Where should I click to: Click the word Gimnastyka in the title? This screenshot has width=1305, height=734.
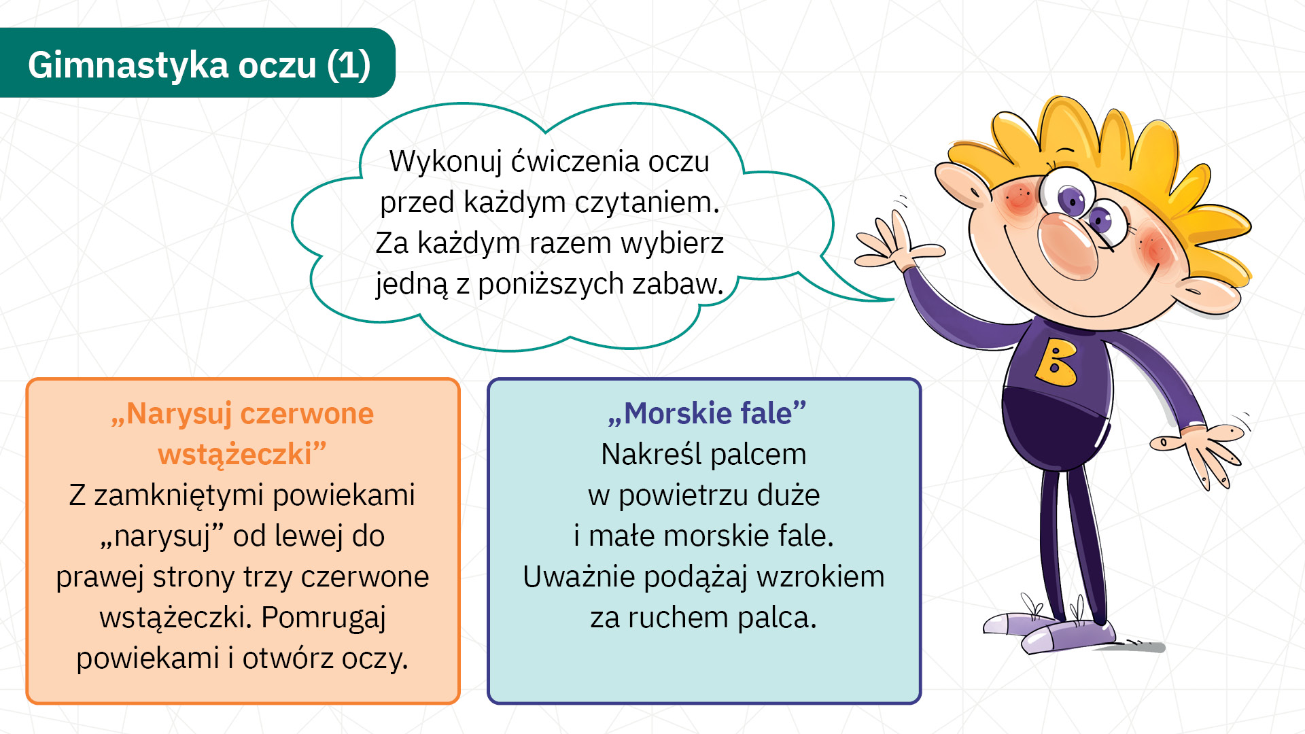pyautogui.click(x=128, y=66)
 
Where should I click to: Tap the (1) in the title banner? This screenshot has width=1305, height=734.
pyautogui.click(x=348, y=65)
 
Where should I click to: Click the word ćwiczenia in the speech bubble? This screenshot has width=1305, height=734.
pyautogui.click(x=575, y=162)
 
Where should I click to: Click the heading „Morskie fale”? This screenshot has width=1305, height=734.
pyautogui.click(x=707, y=413)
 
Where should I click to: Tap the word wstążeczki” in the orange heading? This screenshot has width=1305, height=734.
pyautogui.click(x=243, y=454)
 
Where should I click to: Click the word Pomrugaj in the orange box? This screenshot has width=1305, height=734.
pyautogui.click(x=324, y=618)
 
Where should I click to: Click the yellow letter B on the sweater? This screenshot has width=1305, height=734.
pyautogui.click(x=1056, y=362)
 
